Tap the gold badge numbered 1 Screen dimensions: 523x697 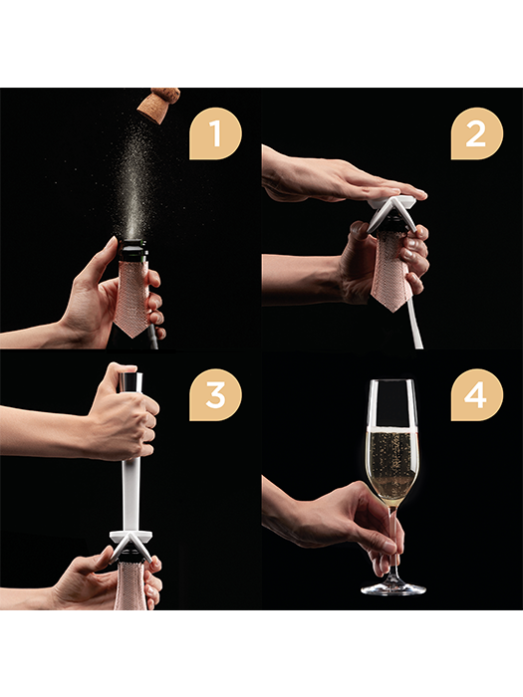(x=216, y=133)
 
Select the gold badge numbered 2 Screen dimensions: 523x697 (x=477, y=133)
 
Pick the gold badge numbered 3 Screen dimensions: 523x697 (x=216, y=394)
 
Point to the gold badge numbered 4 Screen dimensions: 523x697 (x=477, y=394)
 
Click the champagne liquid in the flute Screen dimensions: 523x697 (x=392, y=462)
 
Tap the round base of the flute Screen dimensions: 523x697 (x=393, y=589)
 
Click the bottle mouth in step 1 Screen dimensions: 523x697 (x=133, y=243)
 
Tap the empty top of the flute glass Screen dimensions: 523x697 (x=392, y=402)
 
